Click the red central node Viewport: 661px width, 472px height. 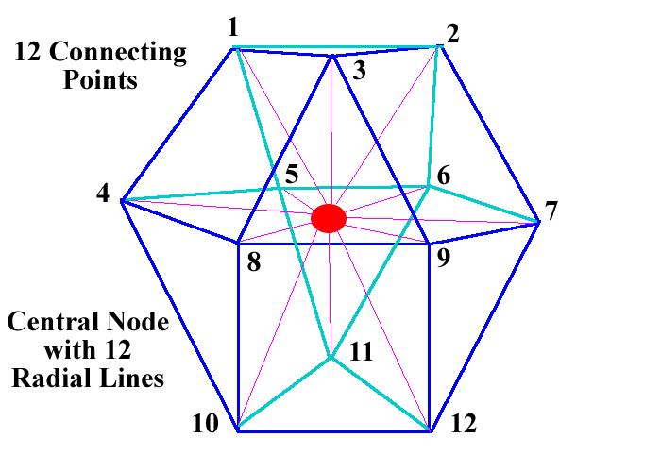coord(329,218)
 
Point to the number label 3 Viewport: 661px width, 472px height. coord(358,72)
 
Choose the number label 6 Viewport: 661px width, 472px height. coord(442,175)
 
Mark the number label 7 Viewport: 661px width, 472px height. coord(552,210)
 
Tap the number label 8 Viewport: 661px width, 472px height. coord(253,261)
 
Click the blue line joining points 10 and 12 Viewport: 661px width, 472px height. coord(333,431)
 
